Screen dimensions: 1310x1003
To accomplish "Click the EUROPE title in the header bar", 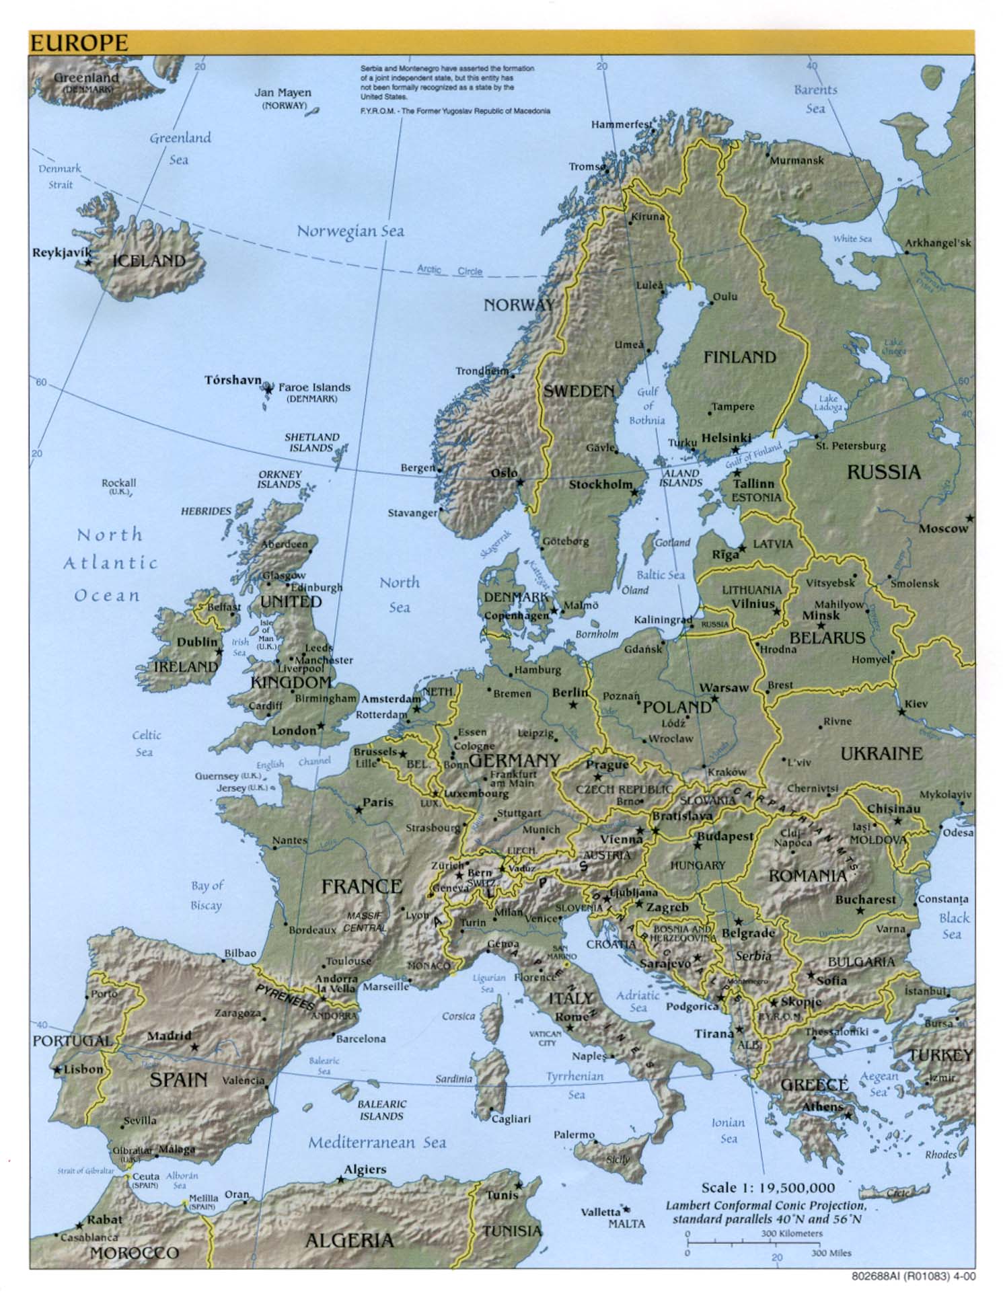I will coord(79,43).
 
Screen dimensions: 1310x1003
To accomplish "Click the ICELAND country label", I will coord(149,260).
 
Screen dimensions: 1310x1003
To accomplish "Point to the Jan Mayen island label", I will coord(283,93).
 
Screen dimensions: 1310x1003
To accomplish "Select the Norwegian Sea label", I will coord(350,231).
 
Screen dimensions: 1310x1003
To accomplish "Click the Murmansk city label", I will coord(796,161).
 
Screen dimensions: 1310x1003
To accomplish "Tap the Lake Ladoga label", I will coord(827,402).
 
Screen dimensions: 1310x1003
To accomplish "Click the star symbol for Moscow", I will coord(969,518).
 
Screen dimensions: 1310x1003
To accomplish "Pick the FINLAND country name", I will coord(740,357).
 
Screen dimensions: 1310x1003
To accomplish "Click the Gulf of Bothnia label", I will coord(647,406).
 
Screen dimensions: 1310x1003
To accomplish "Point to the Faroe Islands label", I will coord(314,387).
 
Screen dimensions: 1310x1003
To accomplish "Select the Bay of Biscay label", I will coord(206,895).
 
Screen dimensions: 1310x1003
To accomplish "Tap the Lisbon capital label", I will coord(83,1069).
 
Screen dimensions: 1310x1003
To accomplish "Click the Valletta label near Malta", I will coord(600,1212).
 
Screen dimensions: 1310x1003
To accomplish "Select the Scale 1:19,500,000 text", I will coord(768,1188).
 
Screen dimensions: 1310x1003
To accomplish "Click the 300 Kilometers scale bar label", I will coord(792,1233).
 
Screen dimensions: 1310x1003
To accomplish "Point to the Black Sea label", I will coord(954,926).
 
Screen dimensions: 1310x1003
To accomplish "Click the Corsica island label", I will coord(458,1016).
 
